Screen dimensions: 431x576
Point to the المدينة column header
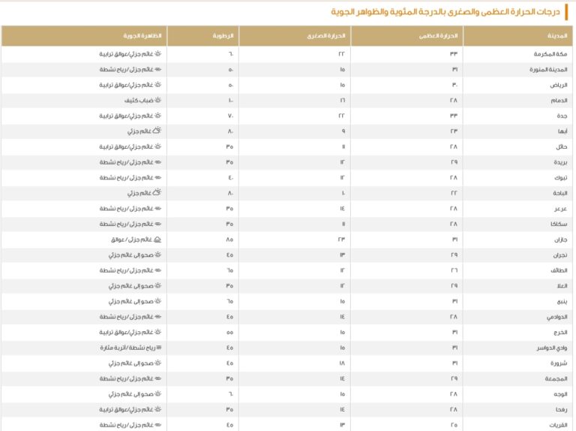pyautogui.click(x=554, y=35)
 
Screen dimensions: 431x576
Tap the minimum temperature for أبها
pyautogui.click(x=343, y=131)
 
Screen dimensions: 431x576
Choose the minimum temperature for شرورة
pyautogui.click(x=342, y=363)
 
